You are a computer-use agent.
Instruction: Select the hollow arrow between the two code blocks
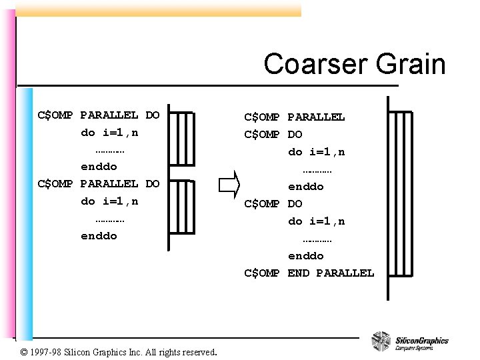pyautogui.click(x=228, y=184)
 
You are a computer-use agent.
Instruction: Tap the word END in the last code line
pyautogui.click(x=299, y=273)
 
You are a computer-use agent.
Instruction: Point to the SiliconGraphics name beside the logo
pyautogui.click(x=421, y=340)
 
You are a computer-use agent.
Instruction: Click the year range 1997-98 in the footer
pyautogui.click(x=48, y=351)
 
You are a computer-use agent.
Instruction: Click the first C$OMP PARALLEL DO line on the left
pyautogui.click(x=99, y=115)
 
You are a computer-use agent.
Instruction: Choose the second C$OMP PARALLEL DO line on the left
pyautogui.click(x=99, y=183)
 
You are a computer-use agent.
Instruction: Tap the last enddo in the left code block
pyautogui.click(x=99, y=235)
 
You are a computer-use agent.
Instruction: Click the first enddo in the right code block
pyautogui.click(x=306, y=187)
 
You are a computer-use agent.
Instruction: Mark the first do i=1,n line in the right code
pyautogui.click(x=317, y=152)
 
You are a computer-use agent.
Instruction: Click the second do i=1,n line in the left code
pyautogui.click(x=109, y=201)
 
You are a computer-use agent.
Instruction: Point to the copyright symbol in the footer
pyautogui.click(x=23, y=351)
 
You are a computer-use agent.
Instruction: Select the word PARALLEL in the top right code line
pyautogui.click(x=317, y=117)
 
